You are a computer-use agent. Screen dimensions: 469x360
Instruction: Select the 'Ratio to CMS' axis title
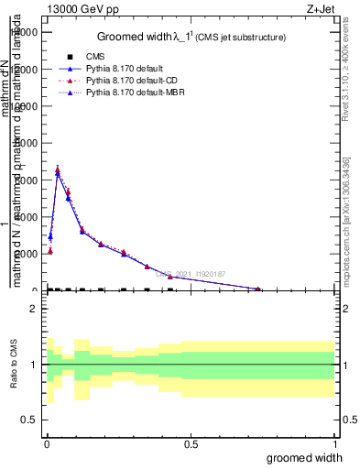[14, 365]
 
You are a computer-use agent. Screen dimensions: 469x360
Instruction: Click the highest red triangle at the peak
[58, 169]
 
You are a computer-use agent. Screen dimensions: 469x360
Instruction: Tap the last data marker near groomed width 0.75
[258, 289]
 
